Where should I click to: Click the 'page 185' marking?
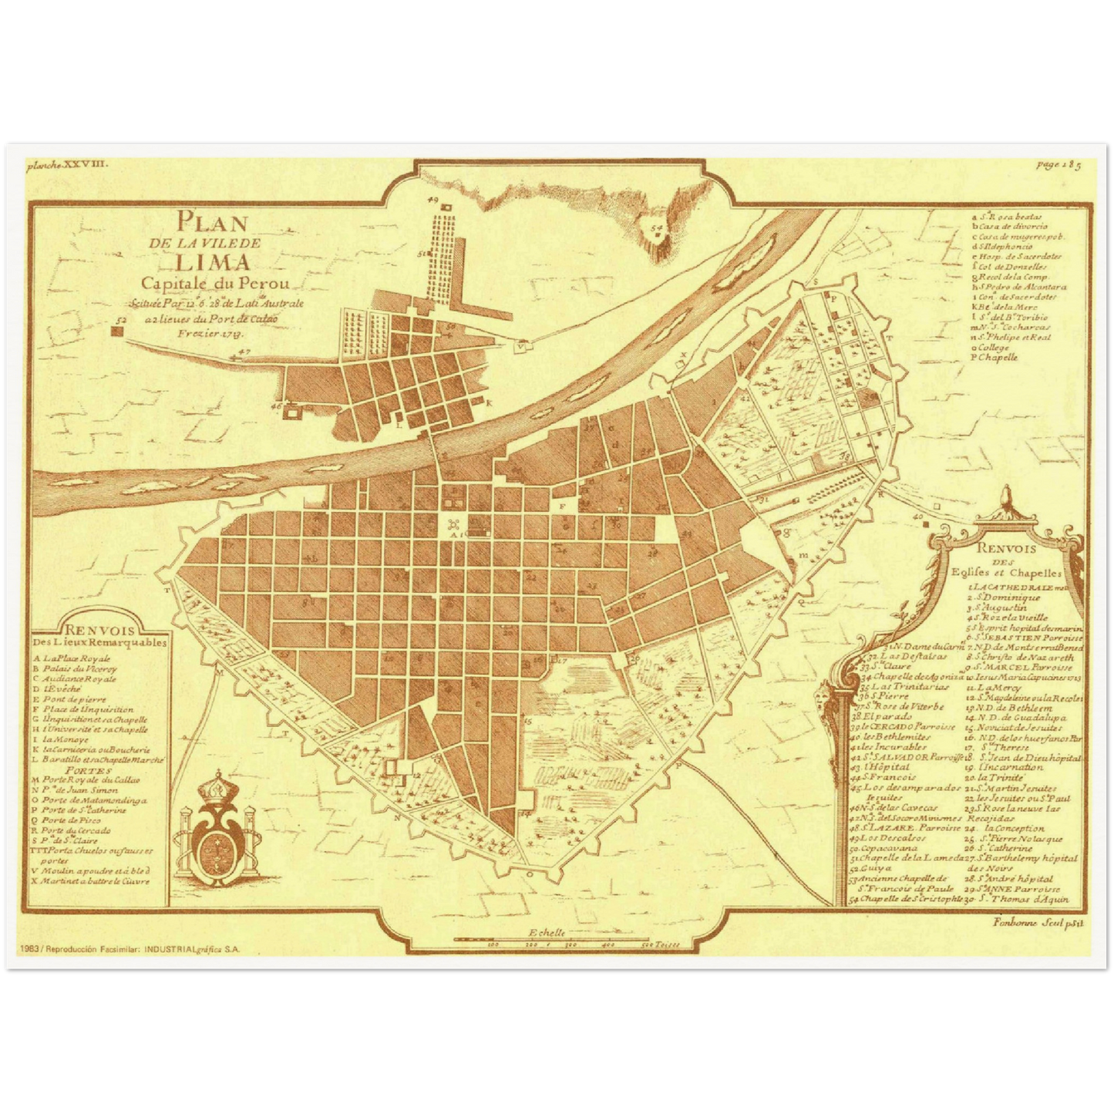point(1055,163)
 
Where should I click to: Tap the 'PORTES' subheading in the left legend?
point(82,769)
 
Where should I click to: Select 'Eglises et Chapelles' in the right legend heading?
point(1016,574)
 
